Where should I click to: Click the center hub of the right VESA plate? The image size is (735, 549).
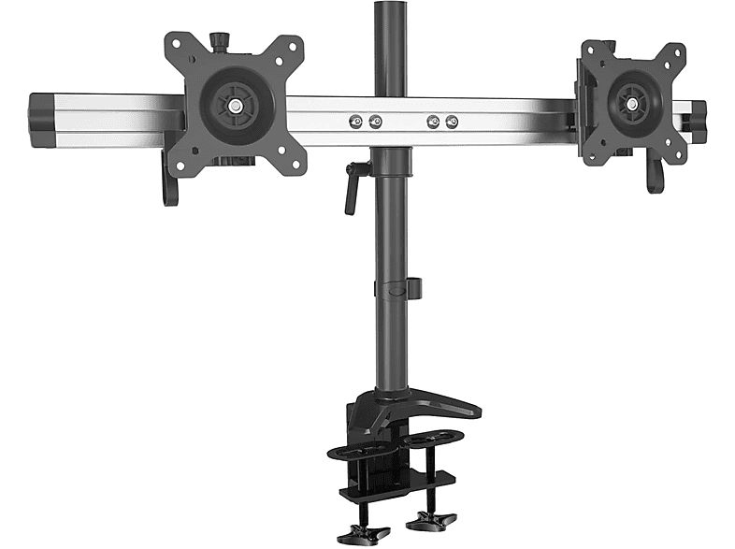point(634,99)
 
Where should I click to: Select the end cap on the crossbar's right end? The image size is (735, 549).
point(697,119)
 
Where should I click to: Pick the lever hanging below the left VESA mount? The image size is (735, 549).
point(170,182)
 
